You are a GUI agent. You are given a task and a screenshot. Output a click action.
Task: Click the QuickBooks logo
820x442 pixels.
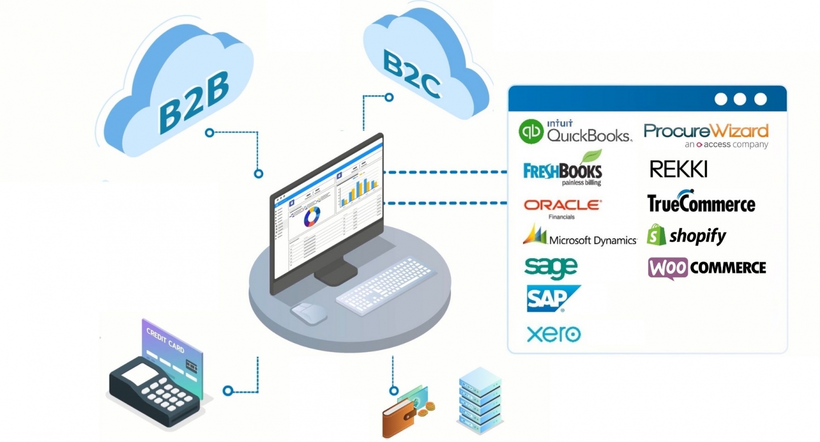pyautogui.click(x=575, y=131)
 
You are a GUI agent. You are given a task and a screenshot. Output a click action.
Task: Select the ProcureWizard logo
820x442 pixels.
pyautogui.click(x=706, y=135)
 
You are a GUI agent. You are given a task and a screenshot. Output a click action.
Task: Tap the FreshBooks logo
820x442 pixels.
pyautogui.click(x=563, y=169)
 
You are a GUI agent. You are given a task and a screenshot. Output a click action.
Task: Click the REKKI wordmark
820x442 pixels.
pyautogui.click(x=678, y=169)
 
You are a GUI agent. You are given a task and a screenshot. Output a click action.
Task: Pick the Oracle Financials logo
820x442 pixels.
pyautogui.click(x=562, y=207)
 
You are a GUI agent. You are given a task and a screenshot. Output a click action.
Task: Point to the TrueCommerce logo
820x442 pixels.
pyautogui.click(x=701, y=202)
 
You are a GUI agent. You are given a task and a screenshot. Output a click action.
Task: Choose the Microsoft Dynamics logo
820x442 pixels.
pyautogui.click(x=580, y=236)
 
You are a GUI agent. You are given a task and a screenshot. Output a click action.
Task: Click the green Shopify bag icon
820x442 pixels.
pyautogui.click(x=656, y=235)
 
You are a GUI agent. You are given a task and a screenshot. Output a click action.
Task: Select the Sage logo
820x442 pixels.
pyautogui.click(x=550, y=267)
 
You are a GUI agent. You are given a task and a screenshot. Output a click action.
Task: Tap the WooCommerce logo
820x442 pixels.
pyautogui.click(x=707, y=267)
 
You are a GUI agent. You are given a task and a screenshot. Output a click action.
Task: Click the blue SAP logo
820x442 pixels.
pyautogui.click(x=551, y=298)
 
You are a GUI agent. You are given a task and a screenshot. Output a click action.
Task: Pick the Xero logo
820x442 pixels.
pyautogui.click(x=554, y=334)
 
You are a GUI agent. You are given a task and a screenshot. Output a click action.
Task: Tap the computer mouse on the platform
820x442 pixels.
pyautogui.click(x=308, y=313)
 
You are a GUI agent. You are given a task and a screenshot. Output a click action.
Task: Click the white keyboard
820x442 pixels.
pyautogui.click(x=384, y=284)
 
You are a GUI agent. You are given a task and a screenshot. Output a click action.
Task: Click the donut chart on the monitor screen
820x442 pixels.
pyautogui.click(x=312, y=216)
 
